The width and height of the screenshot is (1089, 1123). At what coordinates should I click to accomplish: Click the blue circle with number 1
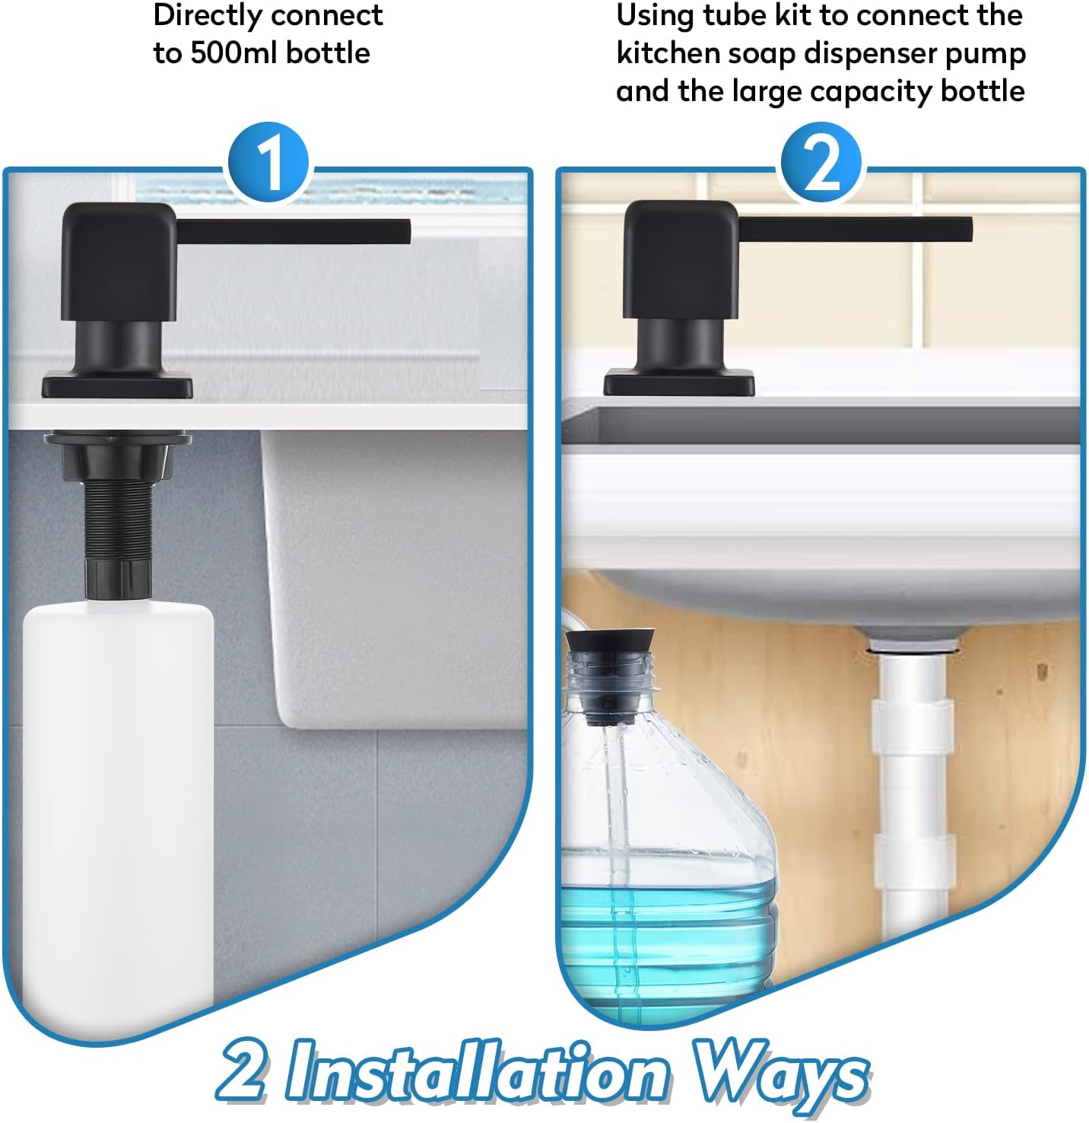269,164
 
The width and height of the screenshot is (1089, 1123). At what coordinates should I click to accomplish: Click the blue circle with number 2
820,164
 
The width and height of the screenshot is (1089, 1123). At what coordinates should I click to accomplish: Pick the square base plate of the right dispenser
678,383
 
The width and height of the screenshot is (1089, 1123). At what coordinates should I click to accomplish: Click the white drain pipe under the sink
913,783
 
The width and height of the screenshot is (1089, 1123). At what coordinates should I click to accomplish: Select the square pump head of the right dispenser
680,259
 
